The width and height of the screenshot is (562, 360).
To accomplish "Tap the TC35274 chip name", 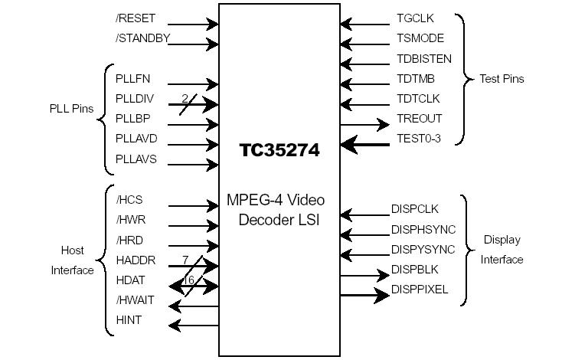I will (279, 150).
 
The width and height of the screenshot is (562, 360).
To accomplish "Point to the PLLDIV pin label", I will (133, 98).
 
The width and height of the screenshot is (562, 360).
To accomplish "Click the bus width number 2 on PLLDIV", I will (185, 97).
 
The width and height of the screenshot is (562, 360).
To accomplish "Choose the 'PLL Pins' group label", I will (71, 109).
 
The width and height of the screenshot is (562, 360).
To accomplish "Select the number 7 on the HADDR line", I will (185, 260).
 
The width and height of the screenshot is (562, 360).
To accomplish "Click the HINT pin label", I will (129, 320).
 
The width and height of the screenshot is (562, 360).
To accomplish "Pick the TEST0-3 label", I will (419, 139).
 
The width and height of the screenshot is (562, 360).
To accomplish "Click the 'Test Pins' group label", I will (502, 79).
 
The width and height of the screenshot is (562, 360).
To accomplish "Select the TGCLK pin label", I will (415, 18).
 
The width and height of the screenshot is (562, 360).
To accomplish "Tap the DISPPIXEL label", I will (420, 290).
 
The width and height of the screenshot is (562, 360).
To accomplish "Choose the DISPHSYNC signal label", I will (423, 229).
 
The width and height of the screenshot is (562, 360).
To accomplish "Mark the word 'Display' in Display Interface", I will (502, 240).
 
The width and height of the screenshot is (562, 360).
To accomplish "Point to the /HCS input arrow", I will (193, 206).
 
